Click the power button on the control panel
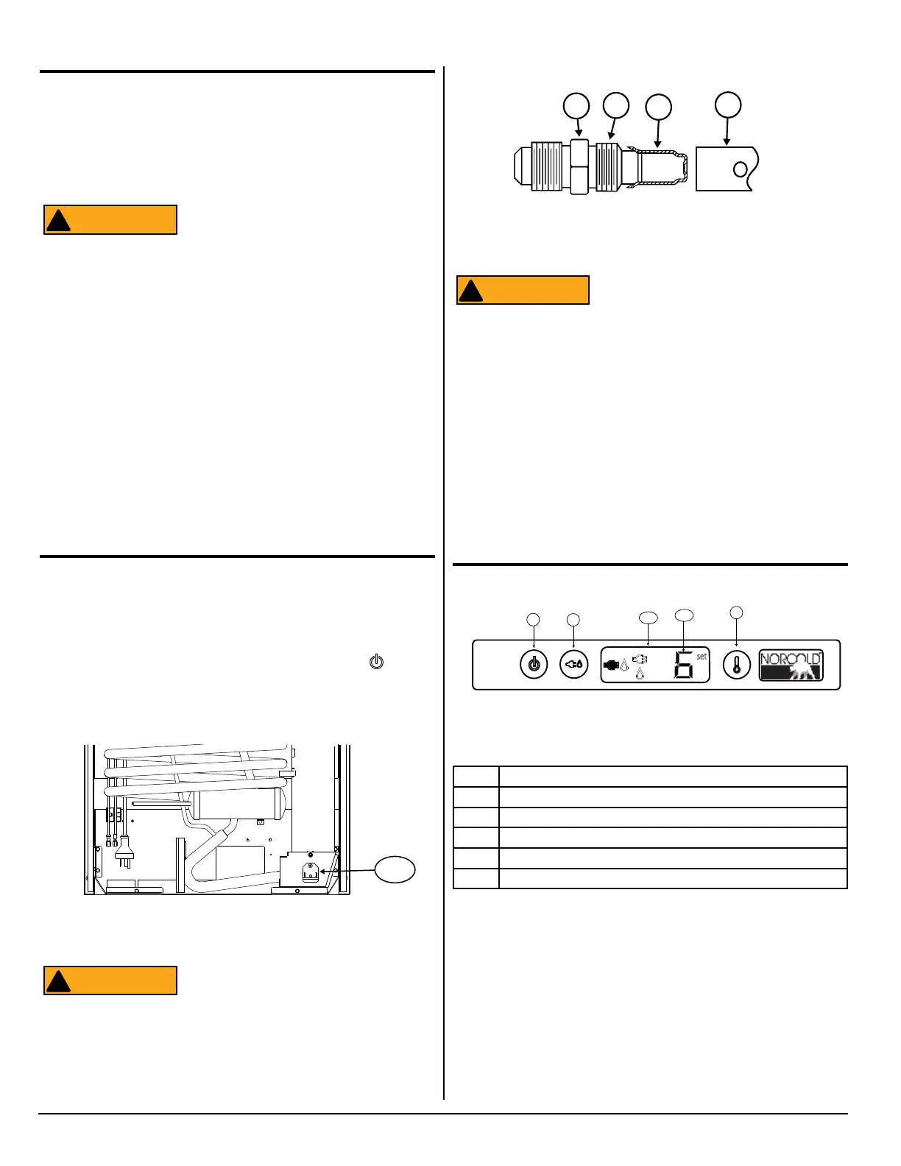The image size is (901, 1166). tap(534, 665)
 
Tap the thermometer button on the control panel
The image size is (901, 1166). tap(736, 665)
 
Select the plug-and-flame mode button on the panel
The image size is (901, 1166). tap(573, 665)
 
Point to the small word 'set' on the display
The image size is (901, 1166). tap(702, 656)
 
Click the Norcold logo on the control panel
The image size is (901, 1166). tap(791, 665)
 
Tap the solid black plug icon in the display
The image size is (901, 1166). tap(611, 665)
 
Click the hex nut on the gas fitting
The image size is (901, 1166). tap(579, 168)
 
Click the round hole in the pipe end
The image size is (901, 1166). tap(740, 169)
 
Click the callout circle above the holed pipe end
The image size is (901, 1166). tap(728, 105)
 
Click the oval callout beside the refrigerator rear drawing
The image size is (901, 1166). tap(395, 870)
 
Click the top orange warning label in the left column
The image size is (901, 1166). tap(110, 219)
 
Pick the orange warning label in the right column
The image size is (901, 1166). tap(523, 290)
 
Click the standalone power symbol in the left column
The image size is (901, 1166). tap(376, 661)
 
